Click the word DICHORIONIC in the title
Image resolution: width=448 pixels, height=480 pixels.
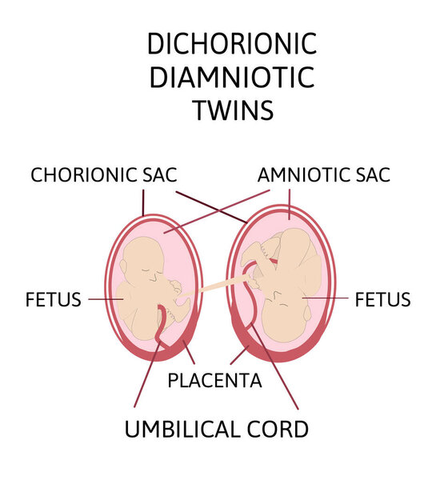tap(232, 44)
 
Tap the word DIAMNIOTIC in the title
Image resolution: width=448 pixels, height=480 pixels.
tap(232, 77)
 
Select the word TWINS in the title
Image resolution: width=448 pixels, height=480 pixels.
tap(233, 110)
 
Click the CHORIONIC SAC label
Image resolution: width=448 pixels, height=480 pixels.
tap(104, 174)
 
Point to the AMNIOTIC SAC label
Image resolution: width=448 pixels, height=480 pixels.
tap(324, 174)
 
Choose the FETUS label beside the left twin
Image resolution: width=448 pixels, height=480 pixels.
tap(54, 299)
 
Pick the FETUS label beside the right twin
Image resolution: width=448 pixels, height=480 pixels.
tap(382, 299)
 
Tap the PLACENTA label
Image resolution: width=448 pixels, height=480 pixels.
tap(214, 381)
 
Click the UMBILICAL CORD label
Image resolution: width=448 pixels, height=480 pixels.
tap(217, 429)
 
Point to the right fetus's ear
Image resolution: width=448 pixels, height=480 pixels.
tap(307, 313)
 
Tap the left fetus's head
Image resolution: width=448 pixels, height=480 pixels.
tap(142, 260)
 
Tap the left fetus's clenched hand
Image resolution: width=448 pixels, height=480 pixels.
tap(176, 286)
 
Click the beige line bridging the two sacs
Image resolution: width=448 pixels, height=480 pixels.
tap(214, 286)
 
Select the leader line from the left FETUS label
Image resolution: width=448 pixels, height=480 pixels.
tap(106, 299)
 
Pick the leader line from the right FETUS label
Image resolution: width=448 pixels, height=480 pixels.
tap(326, 298)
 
